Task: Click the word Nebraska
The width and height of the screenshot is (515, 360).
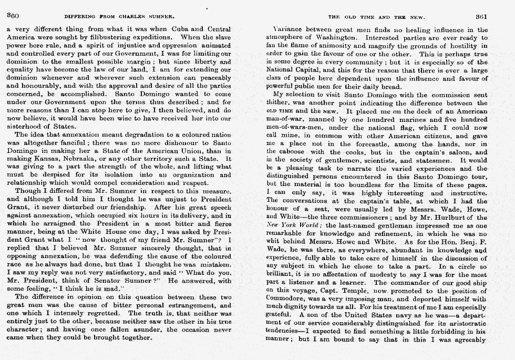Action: pos(86,158)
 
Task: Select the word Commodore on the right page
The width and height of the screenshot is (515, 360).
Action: pos(286,299)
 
